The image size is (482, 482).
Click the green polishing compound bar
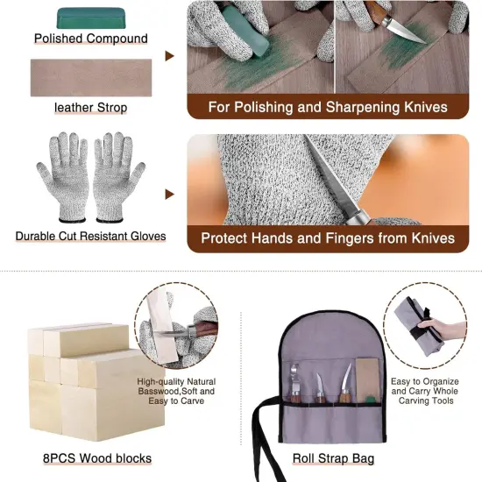point(91,18)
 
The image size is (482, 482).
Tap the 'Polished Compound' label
point(91,39)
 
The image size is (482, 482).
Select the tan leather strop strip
point(91,77)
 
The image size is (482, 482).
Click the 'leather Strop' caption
point(91,108)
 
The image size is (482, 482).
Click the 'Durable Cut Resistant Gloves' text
point(91,236)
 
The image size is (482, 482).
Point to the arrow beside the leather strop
point(170,56)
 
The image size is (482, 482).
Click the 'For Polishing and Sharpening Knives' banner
point(328,108)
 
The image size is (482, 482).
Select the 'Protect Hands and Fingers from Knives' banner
point(328,237)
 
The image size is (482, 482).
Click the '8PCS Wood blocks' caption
point(97,458)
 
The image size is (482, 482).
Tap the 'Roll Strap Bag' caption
point(335,458)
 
